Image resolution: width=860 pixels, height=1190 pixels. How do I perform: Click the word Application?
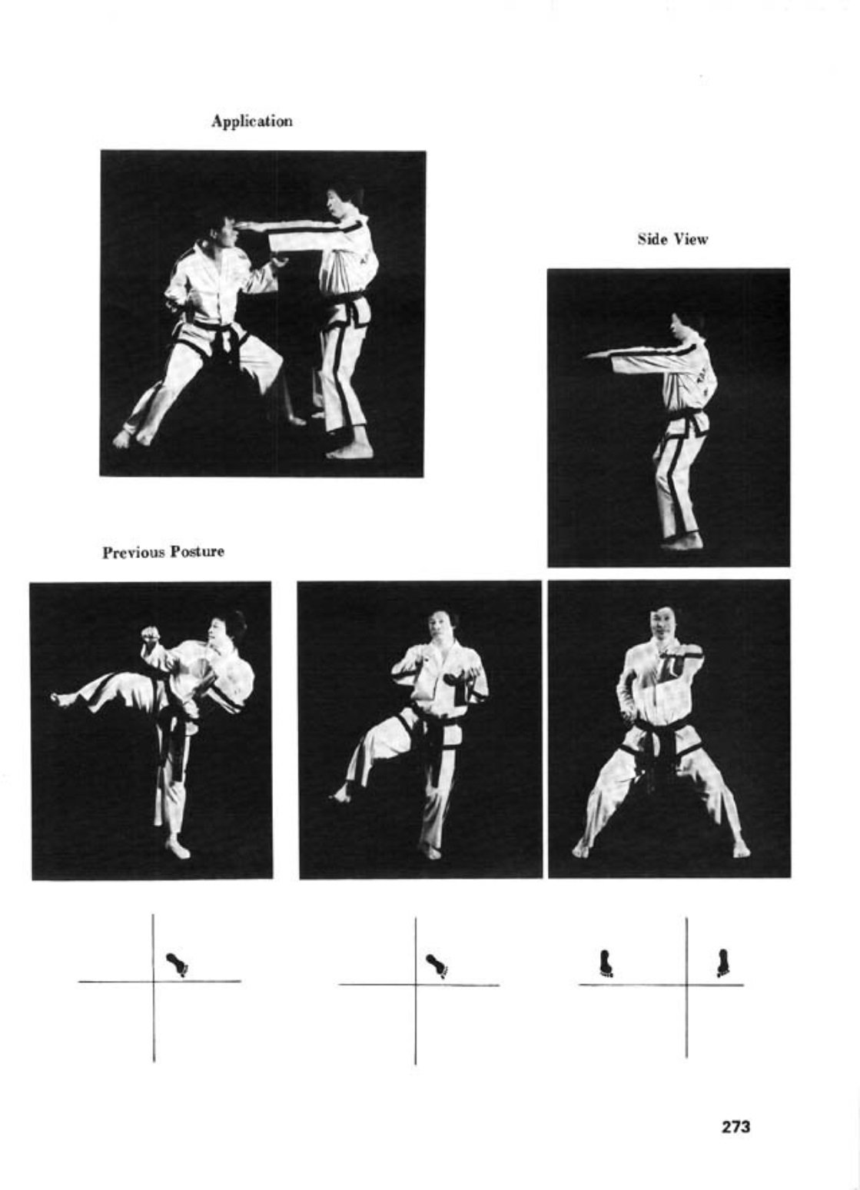pos(252,121)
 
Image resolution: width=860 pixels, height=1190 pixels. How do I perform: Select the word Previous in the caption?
pos(133,553)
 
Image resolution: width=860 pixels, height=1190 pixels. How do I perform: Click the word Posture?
pos(197,553)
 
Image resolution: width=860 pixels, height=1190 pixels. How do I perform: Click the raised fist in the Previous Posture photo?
pos(151,637)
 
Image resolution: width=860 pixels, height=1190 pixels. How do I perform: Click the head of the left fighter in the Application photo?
pos(222,231)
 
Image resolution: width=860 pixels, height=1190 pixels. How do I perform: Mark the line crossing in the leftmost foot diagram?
pos(154,981)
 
